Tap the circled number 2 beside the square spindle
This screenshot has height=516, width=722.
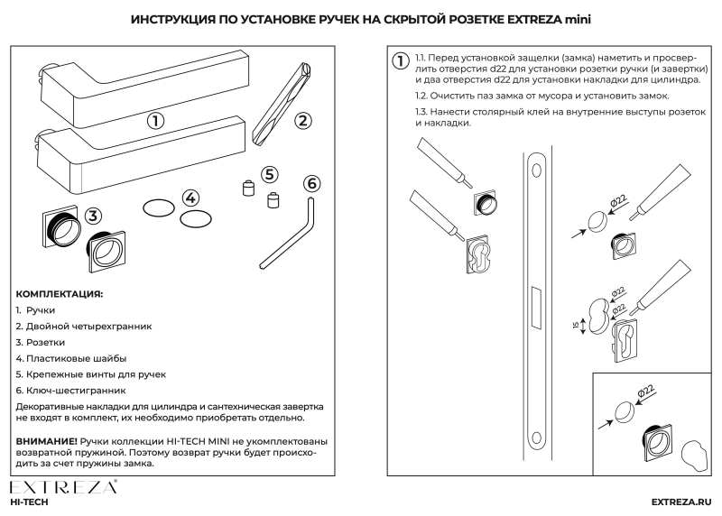tap(304, 119)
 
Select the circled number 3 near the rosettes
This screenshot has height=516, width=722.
tap(94, 216)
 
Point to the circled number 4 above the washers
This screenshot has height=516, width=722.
tap(190, 198)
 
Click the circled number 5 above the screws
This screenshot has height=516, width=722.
tap(269, 175)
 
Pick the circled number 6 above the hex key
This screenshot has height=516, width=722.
tap(312, 183)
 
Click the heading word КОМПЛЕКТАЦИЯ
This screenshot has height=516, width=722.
tap(59, 295)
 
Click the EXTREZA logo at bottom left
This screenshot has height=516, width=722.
tap(63, 488)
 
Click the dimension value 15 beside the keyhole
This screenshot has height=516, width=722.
tap(574, 325)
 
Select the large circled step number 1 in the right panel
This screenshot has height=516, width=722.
tap(398, 62)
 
